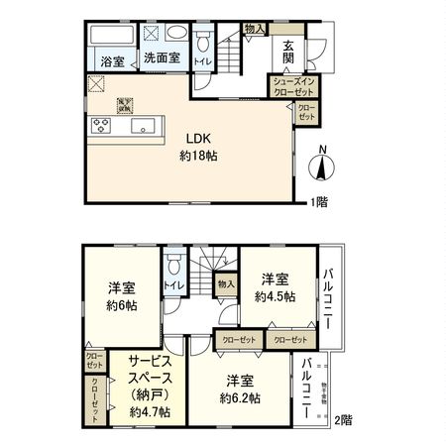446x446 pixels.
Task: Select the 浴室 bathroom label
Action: pyautogui.click(x=111, y=60)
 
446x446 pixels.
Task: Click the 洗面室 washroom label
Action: pyautogui.click(x=161, y=57)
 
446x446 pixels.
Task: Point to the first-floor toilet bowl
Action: pyautogui.click(x=202, y=44)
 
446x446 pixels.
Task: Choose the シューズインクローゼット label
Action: pyautogui.click(x=288, y=85)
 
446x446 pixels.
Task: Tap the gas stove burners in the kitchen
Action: pyautogui.click(x=102, y=126)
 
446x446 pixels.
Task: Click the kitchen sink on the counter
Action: pyautogui.click(x=142, y=126)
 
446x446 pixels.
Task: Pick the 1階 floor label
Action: pyautogui.click(x=316, y=202)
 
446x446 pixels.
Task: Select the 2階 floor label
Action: pyautogui.click(x=342, y=420)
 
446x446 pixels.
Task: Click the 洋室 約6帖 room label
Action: pyautogui.click(x=121, y=296)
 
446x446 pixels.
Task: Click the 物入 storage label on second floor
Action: pyautogui.click(x=226, y=284)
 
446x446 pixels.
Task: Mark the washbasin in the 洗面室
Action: pyautogui.click(x=174, y=32)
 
